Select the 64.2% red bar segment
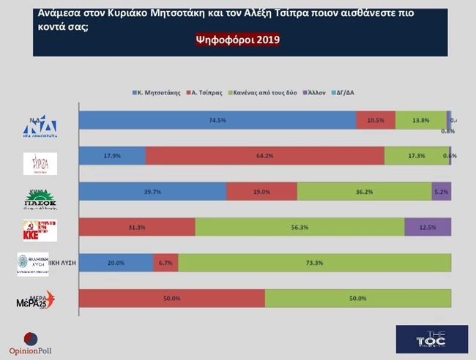264,156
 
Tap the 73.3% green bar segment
314,263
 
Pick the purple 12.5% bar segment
428,227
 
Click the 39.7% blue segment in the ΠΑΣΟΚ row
152,191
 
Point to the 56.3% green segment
300,227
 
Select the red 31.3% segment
137,227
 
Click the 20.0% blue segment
116,263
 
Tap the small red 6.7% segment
165,263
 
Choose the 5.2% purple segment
441,191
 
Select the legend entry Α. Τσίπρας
207,93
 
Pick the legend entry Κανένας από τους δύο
264,93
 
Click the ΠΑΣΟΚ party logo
34,200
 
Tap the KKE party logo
34,227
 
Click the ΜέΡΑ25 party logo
34,299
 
